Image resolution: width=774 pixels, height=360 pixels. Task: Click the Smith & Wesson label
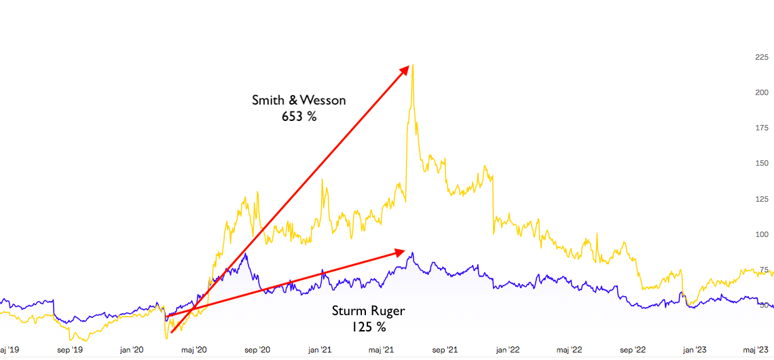click(x=299, y=101)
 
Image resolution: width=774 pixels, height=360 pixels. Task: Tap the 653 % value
click(x=299, y=116)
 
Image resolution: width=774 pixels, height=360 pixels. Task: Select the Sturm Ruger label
click(x=368, y=311)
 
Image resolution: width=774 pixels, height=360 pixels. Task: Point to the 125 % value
click(x=368, y=327)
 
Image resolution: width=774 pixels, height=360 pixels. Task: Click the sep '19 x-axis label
click(x=69, y=350)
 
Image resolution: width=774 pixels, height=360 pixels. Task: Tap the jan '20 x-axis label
click(x=131, y=350)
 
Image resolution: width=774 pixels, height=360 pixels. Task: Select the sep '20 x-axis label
click(x=256, y=350)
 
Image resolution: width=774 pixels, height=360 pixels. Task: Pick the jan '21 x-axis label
click(x=319, y=350)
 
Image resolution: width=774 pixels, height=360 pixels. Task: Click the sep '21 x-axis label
click(x=444, y=350)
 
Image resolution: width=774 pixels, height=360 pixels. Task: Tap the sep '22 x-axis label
click(x=631, y=350)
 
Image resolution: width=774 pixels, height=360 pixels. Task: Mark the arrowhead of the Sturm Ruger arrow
click(x=400, y=252)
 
